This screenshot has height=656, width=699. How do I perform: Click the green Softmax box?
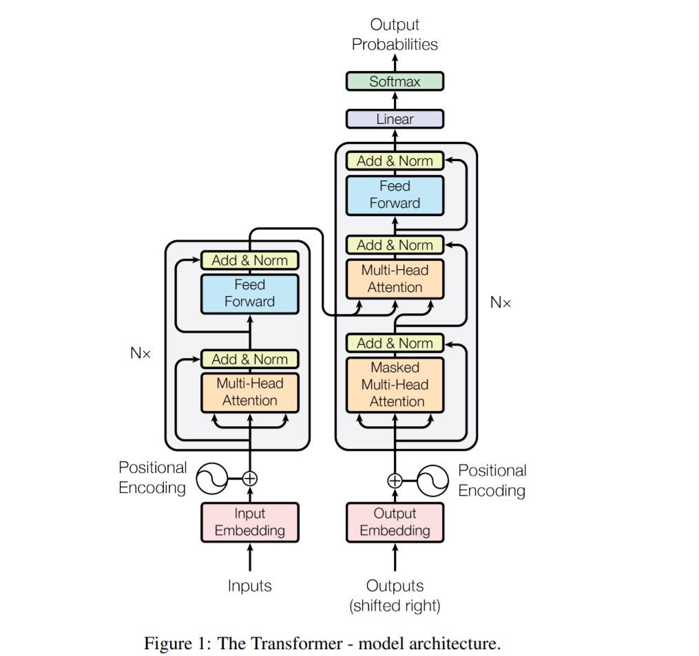395,81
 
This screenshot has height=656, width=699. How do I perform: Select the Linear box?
395,119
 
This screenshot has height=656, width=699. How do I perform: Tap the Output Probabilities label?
395,34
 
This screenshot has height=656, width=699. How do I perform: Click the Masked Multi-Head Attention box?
395,385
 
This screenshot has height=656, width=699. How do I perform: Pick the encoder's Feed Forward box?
249,293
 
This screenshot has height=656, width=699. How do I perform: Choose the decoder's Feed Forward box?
395,195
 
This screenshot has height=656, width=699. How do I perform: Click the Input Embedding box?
249,522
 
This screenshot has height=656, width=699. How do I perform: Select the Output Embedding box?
395,522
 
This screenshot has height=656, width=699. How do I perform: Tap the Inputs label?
249,586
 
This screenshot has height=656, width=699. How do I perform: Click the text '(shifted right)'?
395,606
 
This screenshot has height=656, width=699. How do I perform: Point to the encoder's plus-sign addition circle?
250,477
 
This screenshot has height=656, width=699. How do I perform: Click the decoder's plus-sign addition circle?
395,480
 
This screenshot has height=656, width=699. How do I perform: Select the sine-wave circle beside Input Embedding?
212,477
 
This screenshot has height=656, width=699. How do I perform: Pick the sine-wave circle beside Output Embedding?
433,480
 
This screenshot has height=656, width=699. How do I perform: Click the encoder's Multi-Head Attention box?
249,392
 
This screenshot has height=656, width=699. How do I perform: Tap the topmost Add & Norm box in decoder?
395,161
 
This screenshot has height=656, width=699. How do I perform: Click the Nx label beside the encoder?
140,353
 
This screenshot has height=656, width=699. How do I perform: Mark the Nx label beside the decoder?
501,301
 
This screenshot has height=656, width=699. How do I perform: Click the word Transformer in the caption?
290,644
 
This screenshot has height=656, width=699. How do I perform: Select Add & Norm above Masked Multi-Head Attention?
395,343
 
